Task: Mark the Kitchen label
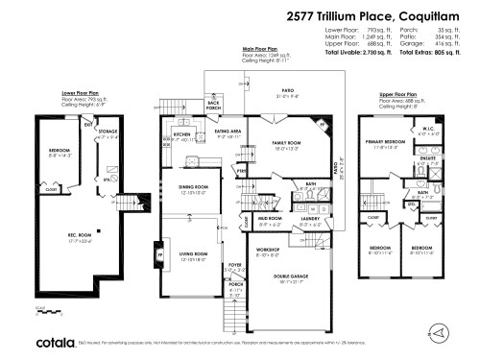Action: (x=182, y=135)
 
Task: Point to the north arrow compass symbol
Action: (x=440, y=330)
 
